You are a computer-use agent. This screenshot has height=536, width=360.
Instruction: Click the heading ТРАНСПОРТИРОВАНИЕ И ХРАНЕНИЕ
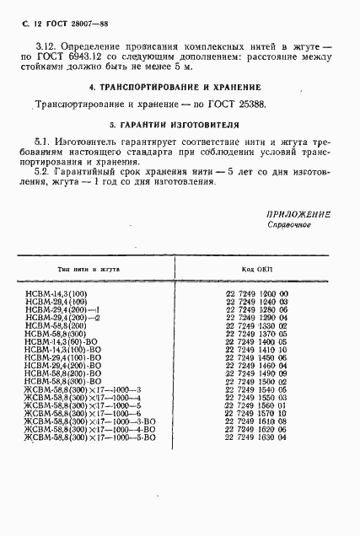coord(180,88)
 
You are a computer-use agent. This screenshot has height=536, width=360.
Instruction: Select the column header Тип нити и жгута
coord(89,268)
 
